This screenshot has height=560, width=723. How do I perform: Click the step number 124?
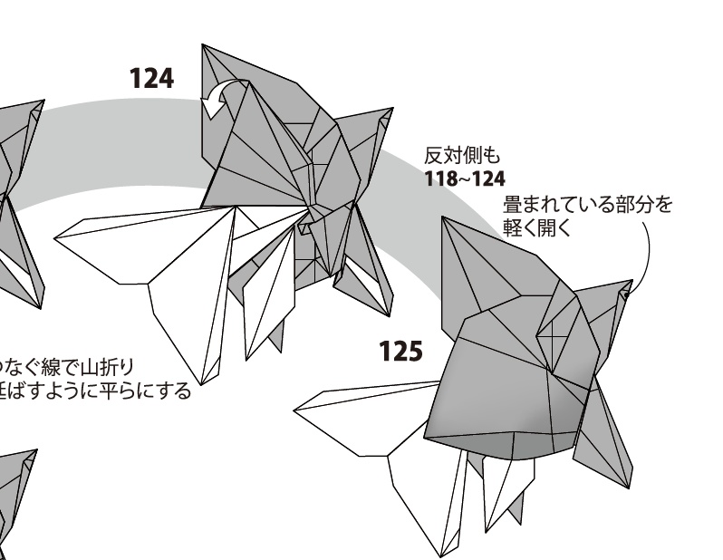point(150,79)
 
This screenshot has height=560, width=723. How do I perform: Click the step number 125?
point(400,351)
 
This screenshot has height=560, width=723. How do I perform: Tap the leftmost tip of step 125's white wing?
point(295,410)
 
